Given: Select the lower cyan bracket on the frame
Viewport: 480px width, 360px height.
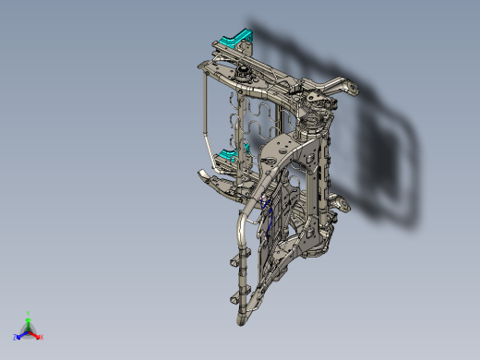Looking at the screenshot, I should tap(228, 153).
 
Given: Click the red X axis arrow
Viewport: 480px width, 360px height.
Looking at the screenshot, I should tap(37, 334).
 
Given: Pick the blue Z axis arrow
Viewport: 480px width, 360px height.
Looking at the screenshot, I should tap(21, 335).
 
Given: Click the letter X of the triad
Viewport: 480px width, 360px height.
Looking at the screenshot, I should tap(42, 337).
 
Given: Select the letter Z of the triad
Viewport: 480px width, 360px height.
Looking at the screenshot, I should tap(16, 338).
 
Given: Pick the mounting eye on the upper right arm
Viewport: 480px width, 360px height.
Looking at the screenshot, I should tap(352, 88).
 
